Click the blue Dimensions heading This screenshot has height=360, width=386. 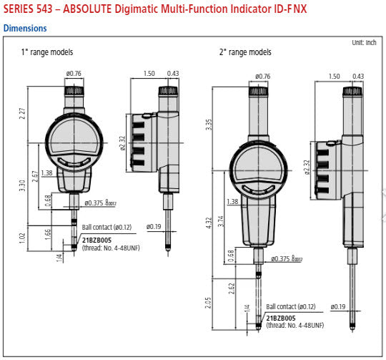(25, 29)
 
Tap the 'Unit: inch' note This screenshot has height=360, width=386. (365, 43)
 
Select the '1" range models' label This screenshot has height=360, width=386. (47, 52)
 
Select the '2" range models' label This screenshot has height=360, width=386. (245, 52)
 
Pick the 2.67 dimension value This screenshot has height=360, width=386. (36, 175)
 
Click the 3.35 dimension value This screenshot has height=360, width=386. (209, 124)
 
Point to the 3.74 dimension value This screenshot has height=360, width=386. (222, 222)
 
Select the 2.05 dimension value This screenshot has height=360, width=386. (209, 303)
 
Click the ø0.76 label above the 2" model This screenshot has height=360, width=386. (262, 76)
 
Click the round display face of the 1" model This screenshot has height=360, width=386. (74, 140)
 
